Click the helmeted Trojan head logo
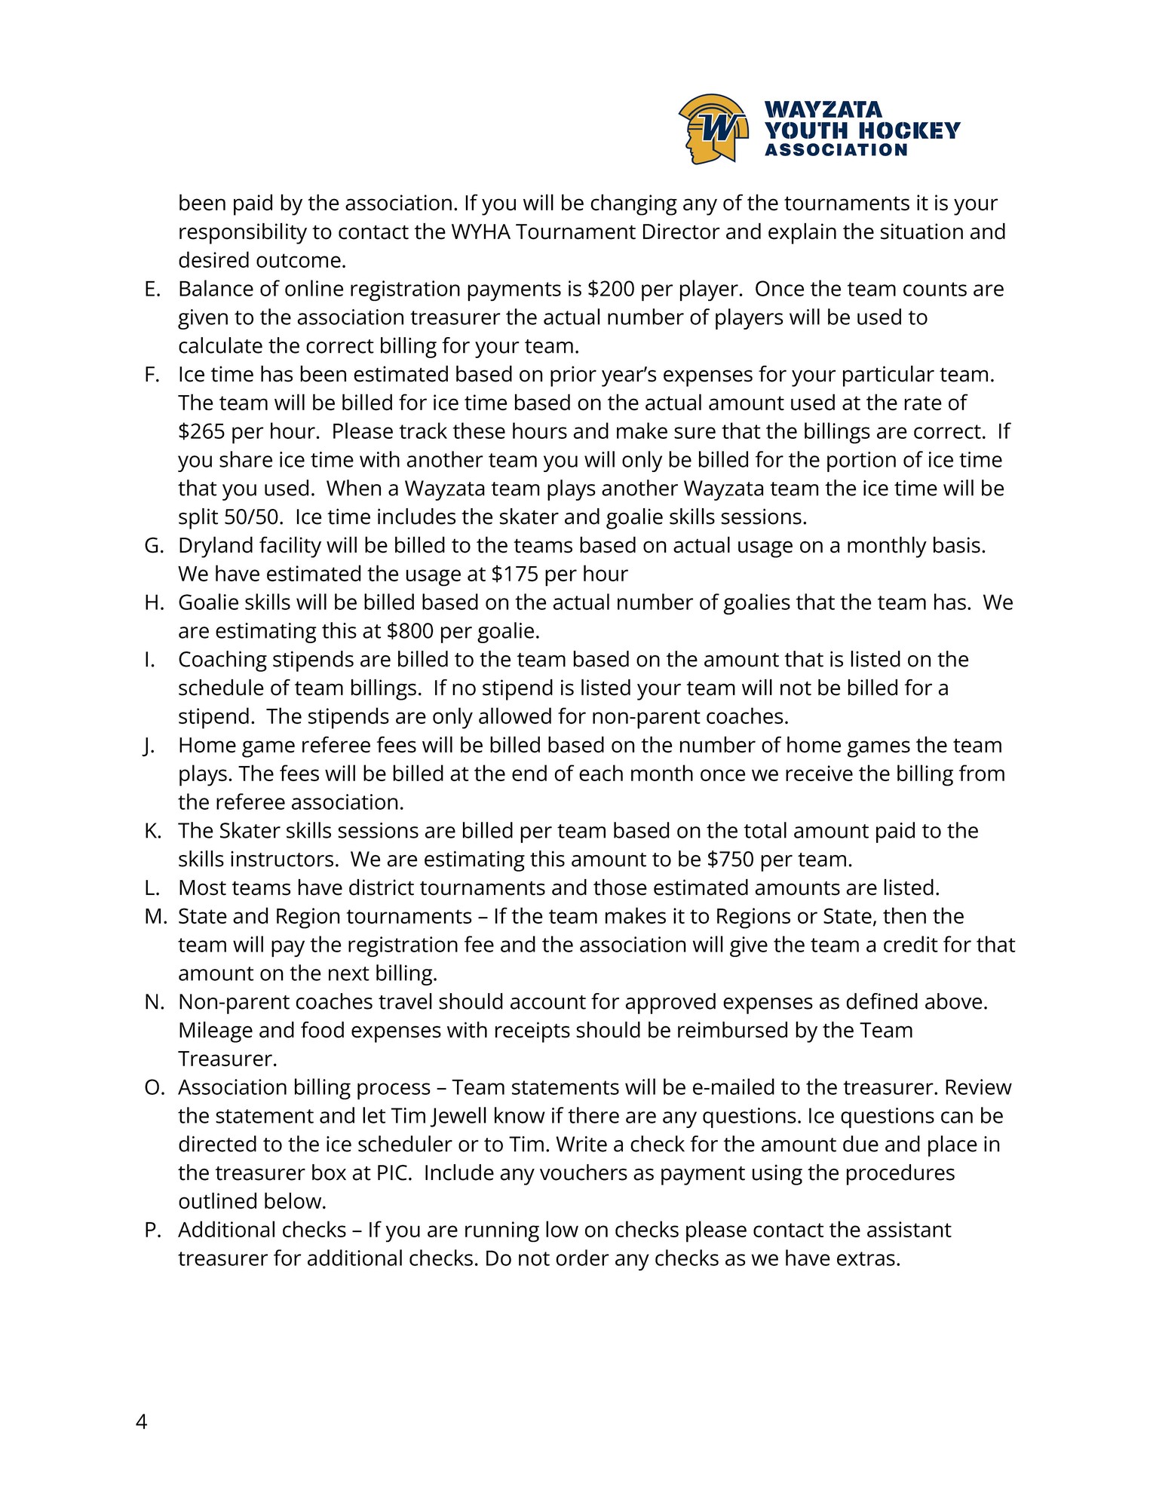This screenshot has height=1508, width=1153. coord(713,128)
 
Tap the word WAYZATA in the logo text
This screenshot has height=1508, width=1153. coord(823,110)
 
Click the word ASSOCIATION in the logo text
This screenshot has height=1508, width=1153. coord(836,150)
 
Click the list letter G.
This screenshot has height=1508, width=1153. coord(153,546)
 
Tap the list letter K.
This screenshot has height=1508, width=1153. coord(152,831)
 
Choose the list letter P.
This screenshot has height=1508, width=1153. coord(152,1231)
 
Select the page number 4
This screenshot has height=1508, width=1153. coord(142,1422)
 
